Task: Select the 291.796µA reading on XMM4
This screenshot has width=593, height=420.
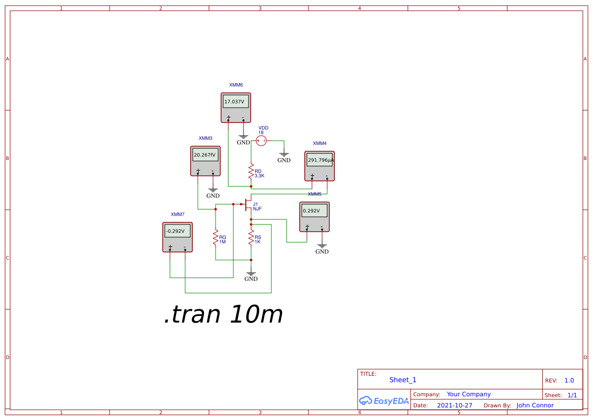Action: (x=320, y=160)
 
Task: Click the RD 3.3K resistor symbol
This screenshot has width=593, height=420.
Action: (x=251, y=172)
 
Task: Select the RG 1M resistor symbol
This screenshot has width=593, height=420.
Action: (x=216, y=237)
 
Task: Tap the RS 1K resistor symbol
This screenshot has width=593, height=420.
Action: (x=251, y=237)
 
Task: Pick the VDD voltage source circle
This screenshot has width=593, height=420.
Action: (x=261, y=141)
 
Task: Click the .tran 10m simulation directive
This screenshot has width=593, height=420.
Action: (x=223, y=315)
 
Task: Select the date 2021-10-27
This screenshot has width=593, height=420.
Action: (x=455, y=405)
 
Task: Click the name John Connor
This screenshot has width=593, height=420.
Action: (x=535, y=405)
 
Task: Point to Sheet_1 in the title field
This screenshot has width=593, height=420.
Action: (x=403, y=380)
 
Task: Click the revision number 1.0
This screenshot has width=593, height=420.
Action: (x=569, y=380)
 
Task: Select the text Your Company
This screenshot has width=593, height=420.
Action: (x=469, y=394)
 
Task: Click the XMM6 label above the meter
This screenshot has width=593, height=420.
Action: (x=236, y=85)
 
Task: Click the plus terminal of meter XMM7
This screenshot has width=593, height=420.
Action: (x=170, y=248)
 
